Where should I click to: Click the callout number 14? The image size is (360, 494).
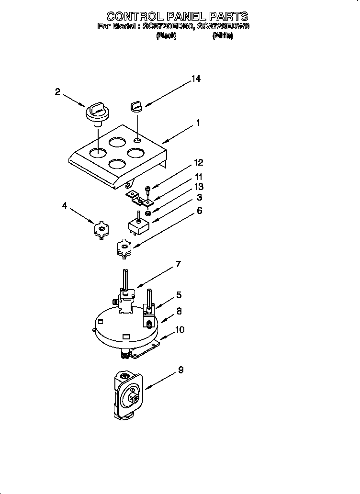coord(196,79)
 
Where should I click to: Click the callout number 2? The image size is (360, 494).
coord(58,92)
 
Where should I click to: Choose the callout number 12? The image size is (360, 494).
coord(198,163)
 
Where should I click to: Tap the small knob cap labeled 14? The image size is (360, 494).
coord(136,105)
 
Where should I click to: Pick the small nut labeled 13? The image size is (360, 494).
coord(148,213)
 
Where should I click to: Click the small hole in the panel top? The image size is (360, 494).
coord(137,141)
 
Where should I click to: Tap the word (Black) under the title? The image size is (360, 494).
coord(166,36)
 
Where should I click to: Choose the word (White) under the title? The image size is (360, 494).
coord(223,36)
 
